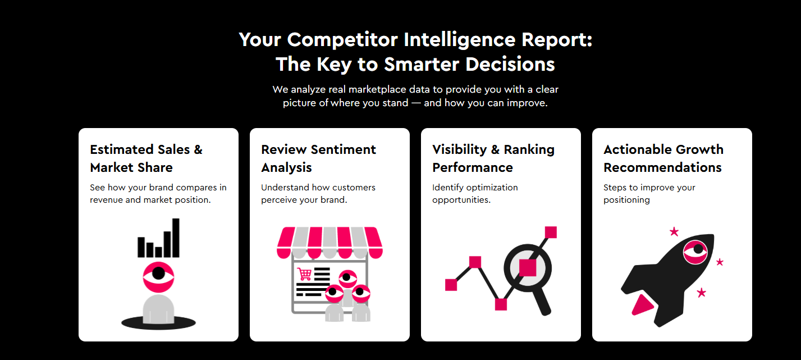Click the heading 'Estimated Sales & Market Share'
click(x=147, y=158)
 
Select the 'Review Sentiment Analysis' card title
click(x=318, y=158)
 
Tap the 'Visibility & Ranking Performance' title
click(x=493, y=158)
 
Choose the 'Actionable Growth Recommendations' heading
click(x=663, y=158)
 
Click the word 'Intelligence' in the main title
click(x=459, y=39)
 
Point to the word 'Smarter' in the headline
click(x=422, y=65)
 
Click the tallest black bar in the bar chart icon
click(x=176, y=238)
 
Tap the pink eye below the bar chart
click(x=158, y=277)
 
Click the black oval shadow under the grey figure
click(x=158, y=323)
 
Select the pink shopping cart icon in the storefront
click(x=304, y=274)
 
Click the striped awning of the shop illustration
click(x=329, y=242)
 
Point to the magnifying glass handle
click(x=542, y=302)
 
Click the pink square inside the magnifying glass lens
click(x=528, y=268)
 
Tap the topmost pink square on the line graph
click(x=551, y=233)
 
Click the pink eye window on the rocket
click(x=695, y=252)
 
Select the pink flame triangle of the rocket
click(x=642, y=306)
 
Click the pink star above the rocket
click(x=674, y=231)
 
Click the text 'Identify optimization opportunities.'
click(x=475, y=194)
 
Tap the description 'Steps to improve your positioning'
click(x=649, y=194)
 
